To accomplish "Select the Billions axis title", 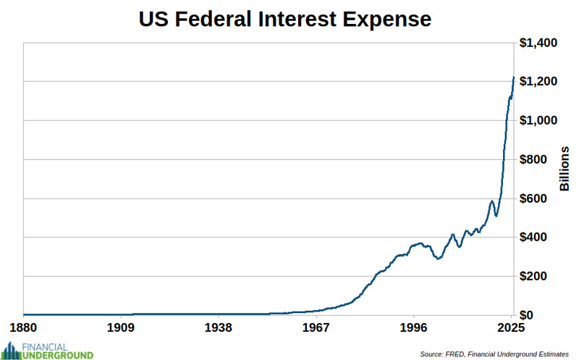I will click(565, 168).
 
